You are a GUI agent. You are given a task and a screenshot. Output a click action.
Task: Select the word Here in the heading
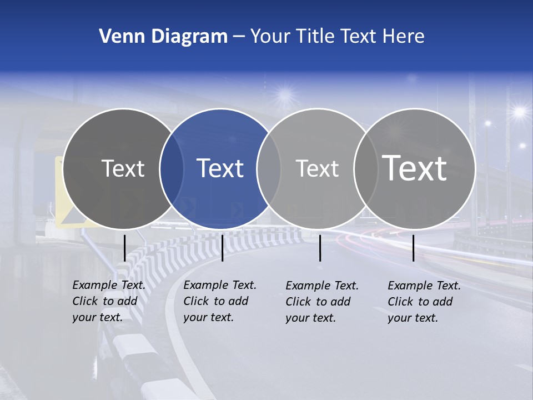[x=403, y=37]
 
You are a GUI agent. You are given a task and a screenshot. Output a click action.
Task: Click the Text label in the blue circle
[x=220, y=168]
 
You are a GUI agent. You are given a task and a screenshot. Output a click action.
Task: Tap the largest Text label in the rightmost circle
[x=415, y=168]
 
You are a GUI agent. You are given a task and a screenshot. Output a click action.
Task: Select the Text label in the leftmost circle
[x=123, y=168]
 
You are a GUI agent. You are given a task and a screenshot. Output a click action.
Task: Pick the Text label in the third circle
[x=317, y=168]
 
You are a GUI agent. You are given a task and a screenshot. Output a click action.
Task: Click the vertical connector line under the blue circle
[x=222, y=248]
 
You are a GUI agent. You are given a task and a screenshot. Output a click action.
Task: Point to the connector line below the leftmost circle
[x=125, y=248]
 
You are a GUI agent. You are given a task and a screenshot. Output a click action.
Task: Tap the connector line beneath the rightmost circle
[x=414, y=248]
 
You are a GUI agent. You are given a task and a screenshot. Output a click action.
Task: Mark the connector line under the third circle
[x=320, y=248]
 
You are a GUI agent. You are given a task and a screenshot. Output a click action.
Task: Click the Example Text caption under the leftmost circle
[x=109, y=285]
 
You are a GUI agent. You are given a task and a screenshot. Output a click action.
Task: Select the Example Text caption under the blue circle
[x=220, y=285]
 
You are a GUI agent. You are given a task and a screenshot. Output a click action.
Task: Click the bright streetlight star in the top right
[x=519, y=112]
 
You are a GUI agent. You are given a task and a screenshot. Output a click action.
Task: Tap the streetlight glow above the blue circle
[x=285, y=95]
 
